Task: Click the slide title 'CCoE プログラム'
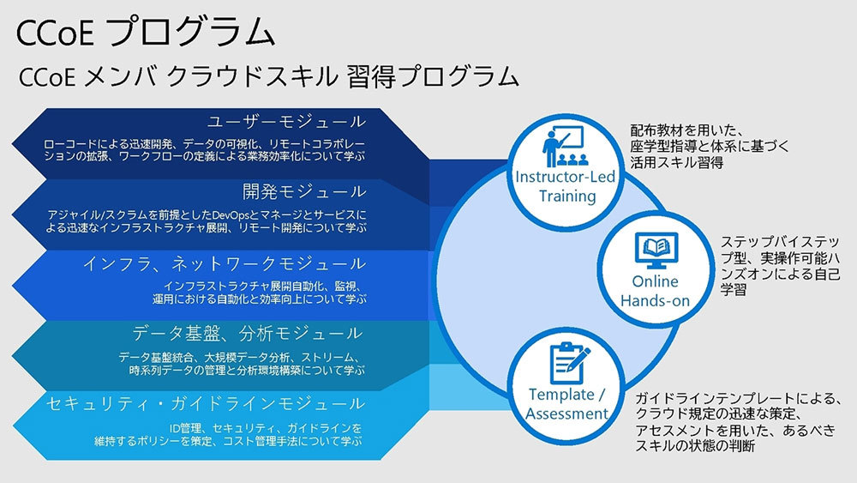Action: pos(146,33)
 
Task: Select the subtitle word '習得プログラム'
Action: pos(432,76)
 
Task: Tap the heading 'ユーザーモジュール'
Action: pos(287,122)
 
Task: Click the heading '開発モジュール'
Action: pos(304,192)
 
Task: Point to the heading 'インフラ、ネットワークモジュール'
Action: pos(225,264)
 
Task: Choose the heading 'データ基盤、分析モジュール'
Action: pos(247,333)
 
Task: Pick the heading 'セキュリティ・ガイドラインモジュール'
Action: pos(206,404)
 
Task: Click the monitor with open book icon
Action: pos(656,251)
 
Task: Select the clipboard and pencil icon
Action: pos(568,363)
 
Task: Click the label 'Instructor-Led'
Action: pos(565,177)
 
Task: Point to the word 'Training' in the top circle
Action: pos(567,196)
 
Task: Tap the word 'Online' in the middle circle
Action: pos(655,281)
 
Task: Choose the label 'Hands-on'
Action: pos(655,301)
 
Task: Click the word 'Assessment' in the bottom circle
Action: pos(566,414)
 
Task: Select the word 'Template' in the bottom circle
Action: pos(561,395)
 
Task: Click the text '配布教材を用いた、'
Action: pos(687,130)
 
